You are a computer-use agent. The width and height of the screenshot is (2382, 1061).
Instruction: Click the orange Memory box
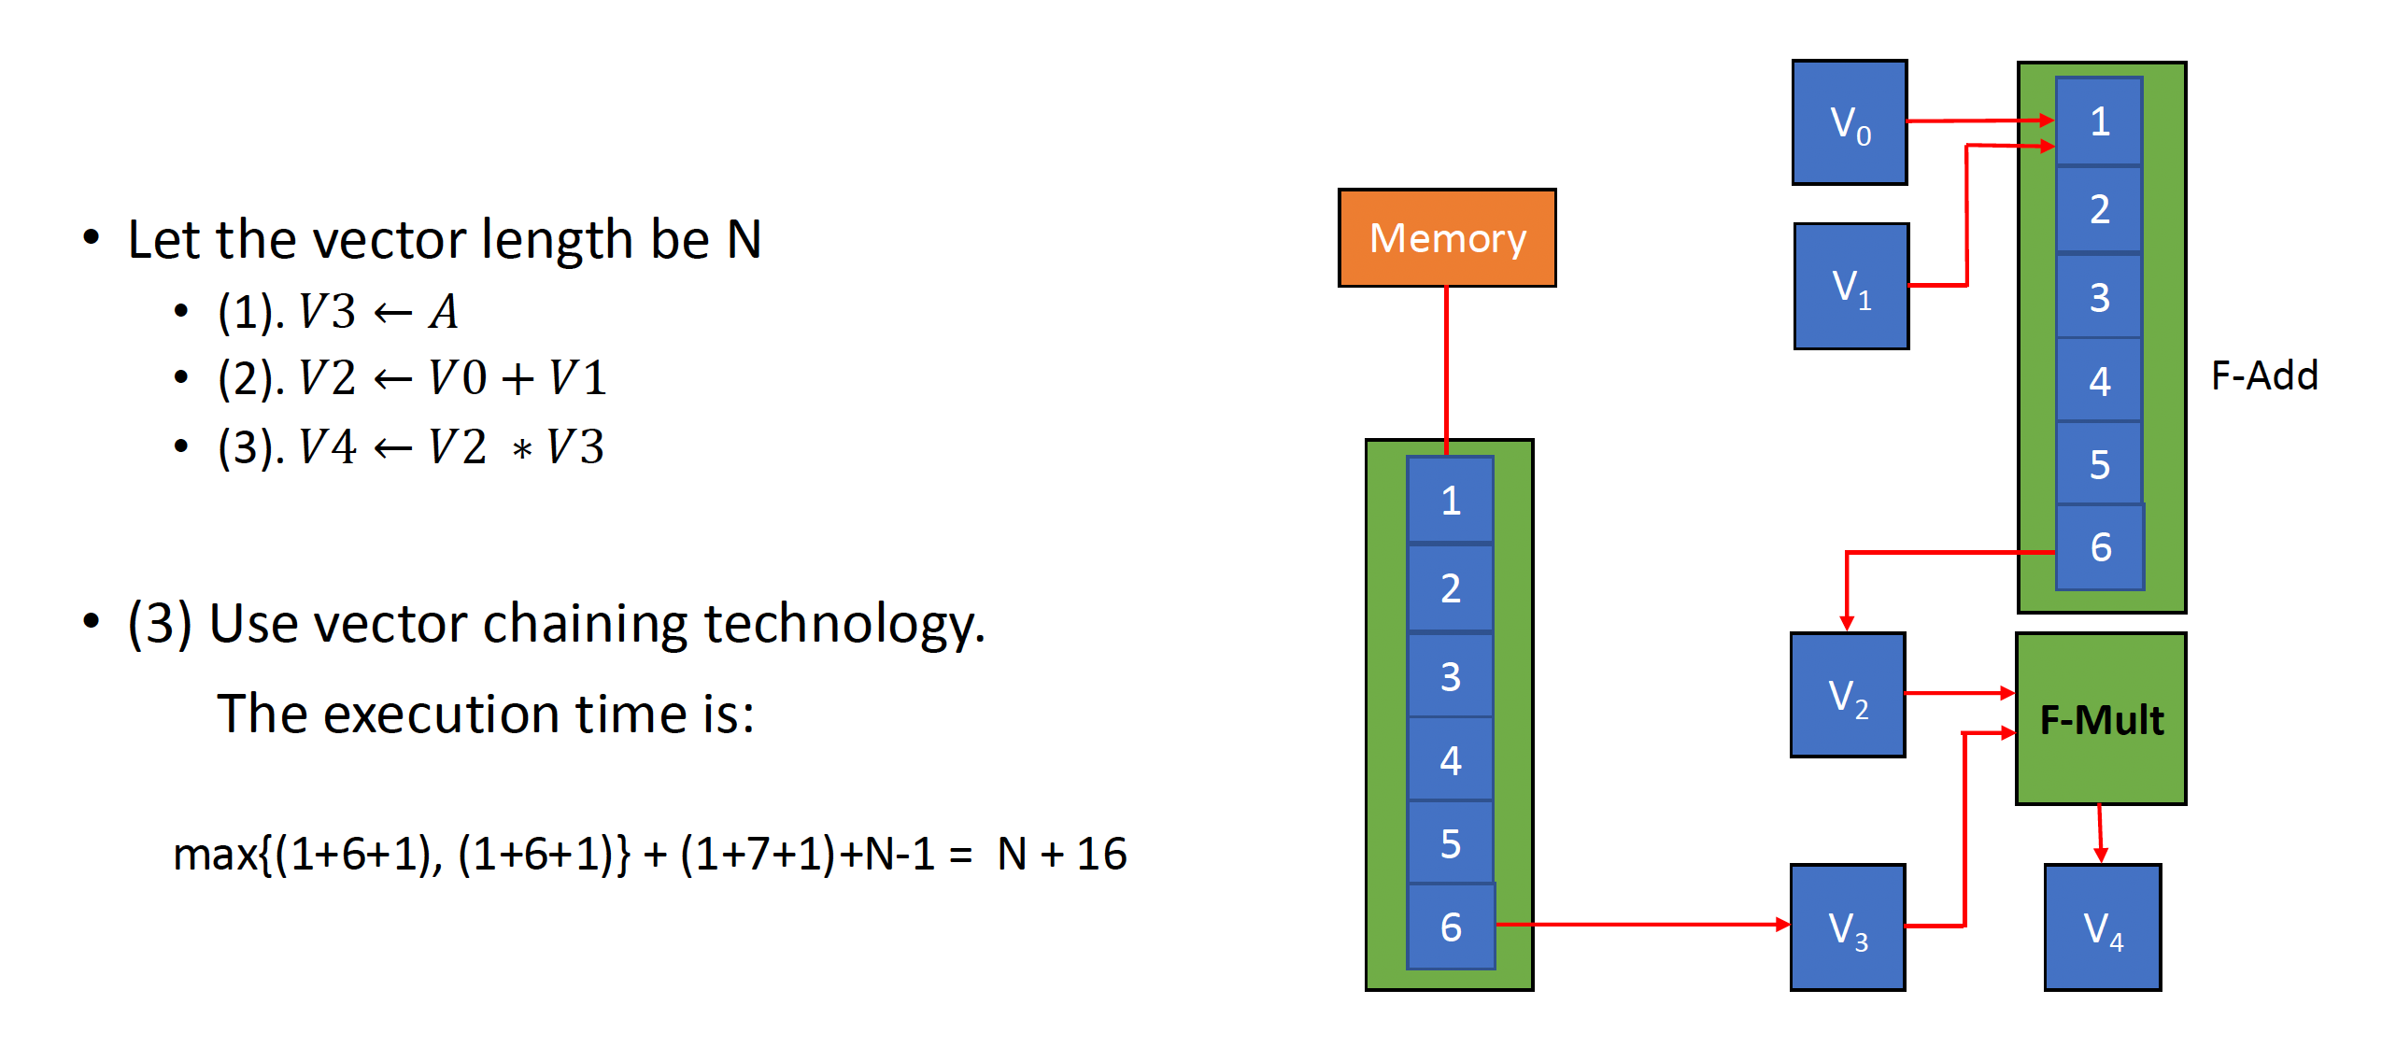(1447, 238)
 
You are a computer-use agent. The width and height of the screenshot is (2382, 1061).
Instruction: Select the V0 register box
(1849, 122)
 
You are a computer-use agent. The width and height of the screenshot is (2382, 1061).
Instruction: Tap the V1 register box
(1850, 286)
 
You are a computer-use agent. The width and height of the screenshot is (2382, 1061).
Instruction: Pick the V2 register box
(1847, 695)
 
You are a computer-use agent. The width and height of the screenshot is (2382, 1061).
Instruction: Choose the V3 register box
(1847, 927)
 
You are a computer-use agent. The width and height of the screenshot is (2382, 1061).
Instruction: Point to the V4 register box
(2102, 927)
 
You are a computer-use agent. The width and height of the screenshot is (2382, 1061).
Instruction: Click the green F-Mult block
(2101, 718)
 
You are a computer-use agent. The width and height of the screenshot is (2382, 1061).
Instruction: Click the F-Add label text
(2264, 375)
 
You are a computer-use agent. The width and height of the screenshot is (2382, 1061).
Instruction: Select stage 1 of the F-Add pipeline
(2099, 121)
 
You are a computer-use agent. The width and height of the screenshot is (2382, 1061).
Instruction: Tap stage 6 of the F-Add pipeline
(2100, 547)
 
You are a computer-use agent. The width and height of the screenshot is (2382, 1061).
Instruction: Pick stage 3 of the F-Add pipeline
(2099, 297)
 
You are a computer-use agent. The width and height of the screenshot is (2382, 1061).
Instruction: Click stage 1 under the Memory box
(1450, 501)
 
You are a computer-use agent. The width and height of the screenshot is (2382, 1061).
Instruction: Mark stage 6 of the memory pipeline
(1450, 927)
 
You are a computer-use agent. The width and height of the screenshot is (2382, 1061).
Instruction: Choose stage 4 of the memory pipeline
(1450, 760)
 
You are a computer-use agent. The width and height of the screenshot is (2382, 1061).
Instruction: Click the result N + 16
(1062, 854)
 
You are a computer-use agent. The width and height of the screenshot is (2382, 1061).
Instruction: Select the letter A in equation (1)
(444, 312)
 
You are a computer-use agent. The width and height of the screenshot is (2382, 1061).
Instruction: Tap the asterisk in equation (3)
(522, 450)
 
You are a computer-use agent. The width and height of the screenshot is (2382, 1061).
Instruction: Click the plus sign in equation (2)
(517, 379)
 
